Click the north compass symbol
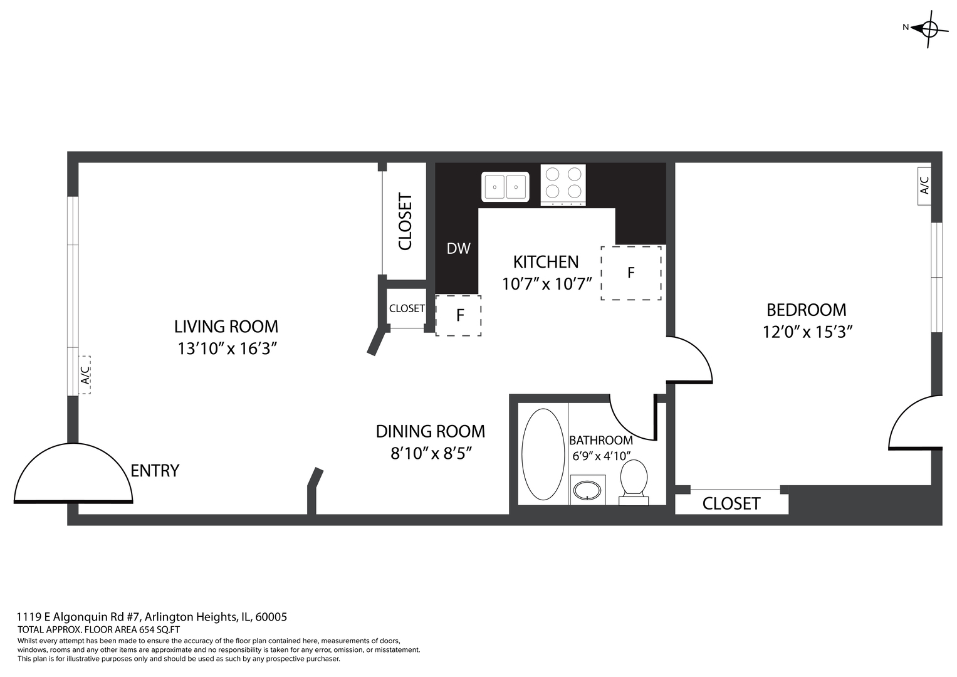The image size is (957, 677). (x=928, y=28)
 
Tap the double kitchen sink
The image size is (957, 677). (x=505, y=187)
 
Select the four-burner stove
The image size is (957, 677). (x=563, y=184)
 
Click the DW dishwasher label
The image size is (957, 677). (x=458, y=249)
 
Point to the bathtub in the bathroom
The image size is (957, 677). (x=543, y=454)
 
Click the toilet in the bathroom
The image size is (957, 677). (x=634, y=480)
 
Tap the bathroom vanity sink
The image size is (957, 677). (x=588, y=490)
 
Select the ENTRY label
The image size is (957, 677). (x=155, y=471)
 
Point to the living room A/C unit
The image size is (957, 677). (x=85, y=375)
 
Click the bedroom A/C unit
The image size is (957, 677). (x=924, y=186)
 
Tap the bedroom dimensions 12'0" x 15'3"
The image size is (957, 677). (x=807, y=332)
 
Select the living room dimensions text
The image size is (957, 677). (x=227, y=349)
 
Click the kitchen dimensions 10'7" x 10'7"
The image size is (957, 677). (x=546, y=284)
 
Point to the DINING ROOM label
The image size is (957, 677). (x=430, y=431)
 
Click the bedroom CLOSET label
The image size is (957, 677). (x=731, y=504)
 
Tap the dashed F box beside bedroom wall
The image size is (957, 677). (x=630, y=273)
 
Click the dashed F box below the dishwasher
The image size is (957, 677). (x=459, y=315)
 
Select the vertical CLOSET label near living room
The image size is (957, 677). (x=405, y=221)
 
